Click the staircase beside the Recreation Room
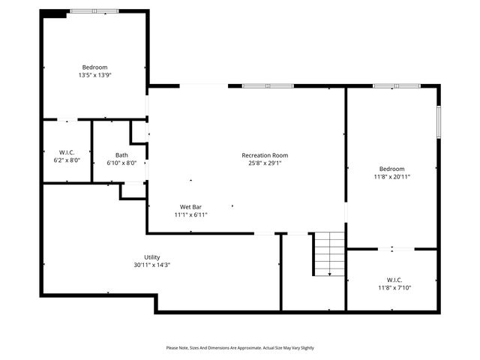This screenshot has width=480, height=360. click(328, 253)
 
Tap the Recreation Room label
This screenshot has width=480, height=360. click(264, 155)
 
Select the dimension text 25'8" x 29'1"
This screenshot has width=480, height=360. click(264, 163)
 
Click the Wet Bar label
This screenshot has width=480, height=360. click(190, 206)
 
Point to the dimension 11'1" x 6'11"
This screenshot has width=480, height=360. click(190, 214)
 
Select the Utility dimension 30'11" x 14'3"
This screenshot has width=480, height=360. click(151, 265)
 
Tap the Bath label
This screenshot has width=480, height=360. click(121, 155)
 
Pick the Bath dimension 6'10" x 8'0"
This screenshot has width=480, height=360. click(121, 163)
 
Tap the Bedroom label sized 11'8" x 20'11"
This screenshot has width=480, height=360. click(391, 169)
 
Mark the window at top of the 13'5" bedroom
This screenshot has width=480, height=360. click(94, 11)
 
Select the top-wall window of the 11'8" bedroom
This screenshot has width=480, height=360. click(397, 86)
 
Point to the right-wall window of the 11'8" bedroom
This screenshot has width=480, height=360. click(439, 121)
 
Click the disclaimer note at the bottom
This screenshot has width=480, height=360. click(240, 348)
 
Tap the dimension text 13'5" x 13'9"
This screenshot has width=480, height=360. click(94, 76)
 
